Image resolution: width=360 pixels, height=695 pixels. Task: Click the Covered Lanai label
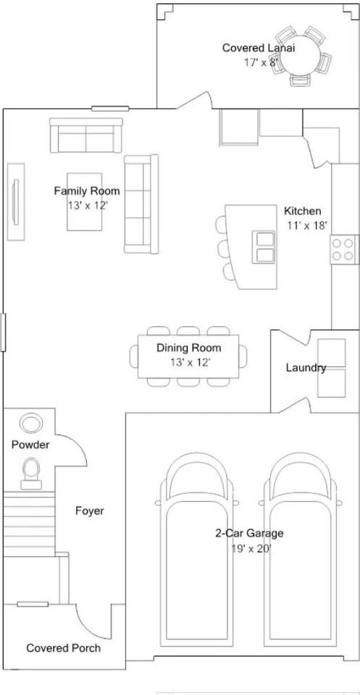coord(259,48)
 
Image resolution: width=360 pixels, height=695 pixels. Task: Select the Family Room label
coord(87,191)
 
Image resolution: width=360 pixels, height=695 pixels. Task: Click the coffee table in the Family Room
coord(85,202)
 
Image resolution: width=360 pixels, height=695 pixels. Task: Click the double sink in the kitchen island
coord(264,247)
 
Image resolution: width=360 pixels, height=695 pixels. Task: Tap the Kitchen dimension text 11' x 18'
coord(307,225)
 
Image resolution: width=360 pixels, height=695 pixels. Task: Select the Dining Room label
coord(189,348)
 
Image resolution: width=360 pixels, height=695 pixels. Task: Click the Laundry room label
coord(306,368)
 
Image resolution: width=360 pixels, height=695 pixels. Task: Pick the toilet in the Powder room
coord(31,473)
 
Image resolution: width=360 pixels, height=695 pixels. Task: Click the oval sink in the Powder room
coord(31,422)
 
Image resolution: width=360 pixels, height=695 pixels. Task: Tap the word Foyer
coord(90,511)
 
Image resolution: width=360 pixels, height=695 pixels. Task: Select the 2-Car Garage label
coord(249,534)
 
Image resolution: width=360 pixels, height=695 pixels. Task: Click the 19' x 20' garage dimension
coord(251,549)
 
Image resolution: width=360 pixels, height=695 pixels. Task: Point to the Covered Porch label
coord(64,648)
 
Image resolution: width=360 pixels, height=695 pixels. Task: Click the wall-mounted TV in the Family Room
coord(16,202)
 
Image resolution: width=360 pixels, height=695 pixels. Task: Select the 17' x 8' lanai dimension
coord(261,62)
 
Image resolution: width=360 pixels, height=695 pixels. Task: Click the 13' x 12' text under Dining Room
coord(190,363)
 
